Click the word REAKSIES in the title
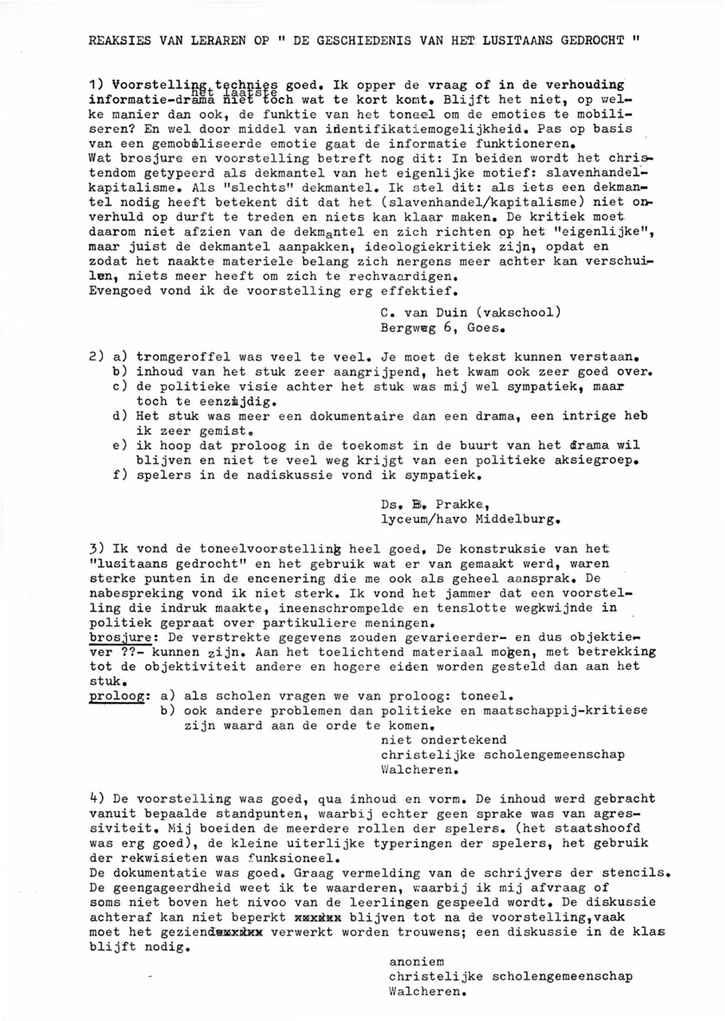click(x=118, y=40)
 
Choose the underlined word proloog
click(x=114, y=693)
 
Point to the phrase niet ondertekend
click(x=443, y=740)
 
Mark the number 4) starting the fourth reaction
click(x=96, y=796)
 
